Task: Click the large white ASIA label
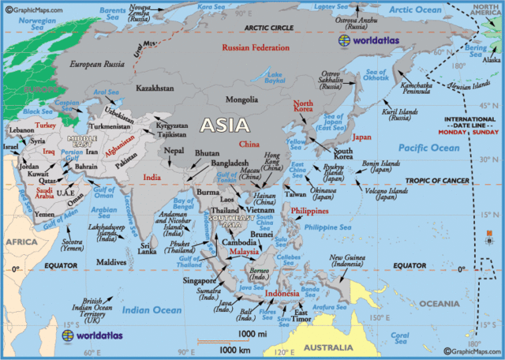click(x=225, y=125)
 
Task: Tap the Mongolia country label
click(x=241, y=99)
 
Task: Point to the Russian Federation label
click(x=256, y=48)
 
